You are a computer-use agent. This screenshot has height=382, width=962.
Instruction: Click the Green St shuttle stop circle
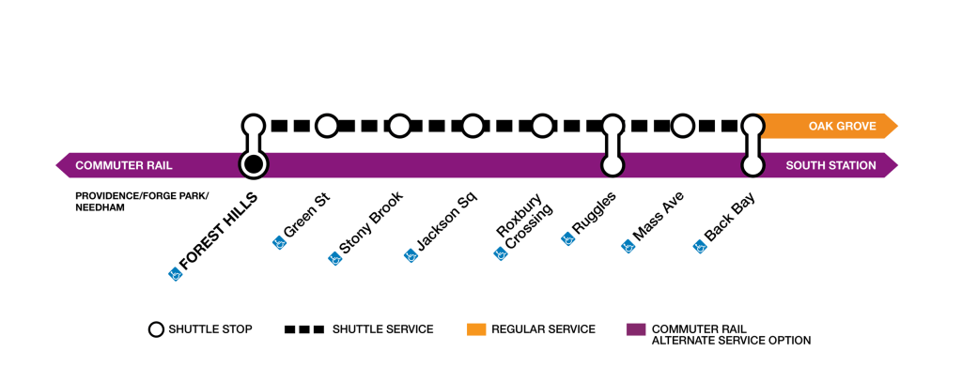point(326,125)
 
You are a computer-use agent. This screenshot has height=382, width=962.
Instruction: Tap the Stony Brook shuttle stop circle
point(399,125)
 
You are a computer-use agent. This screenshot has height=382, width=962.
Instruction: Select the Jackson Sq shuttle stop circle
point(473,125)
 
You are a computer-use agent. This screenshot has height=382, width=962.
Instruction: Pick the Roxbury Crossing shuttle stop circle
point(542,125)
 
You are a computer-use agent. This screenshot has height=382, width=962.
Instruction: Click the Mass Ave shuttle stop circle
point(682,125)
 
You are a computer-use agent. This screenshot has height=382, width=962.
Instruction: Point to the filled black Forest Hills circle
point(252,165)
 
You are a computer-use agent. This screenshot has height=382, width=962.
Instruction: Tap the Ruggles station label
point(594,217)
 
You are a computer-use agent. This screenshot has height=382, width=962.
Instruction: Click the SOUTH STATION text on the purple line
point(830,166)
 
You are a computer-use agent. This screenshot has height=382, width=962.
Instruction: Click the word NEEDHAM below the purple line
point(101,208)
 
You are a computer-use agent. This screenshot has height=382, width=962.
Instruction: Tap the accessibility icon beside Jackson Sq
point(410,254)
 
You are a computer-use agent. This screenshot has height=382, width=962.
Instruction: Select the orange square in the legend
point(476,329)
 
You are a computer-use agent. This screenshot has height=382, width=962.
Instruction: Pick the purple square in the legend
point(636,329)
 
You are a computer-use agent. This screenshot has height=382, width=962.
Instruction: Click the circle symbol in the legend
point(157,329)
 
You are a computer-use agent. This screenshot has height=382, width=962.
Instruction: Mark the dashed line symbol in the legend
point(304,329)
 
